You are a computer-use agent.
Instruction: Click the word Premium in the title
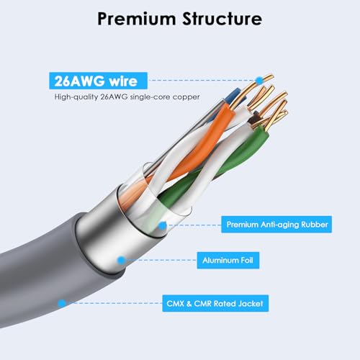point(137,19)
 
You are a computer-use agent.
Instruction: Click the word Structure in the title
point(222,18)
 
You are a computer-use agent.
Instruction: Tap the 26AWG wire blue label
point(98,81)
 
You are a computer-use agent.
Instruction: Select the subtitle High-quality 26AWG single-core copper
point(127,97)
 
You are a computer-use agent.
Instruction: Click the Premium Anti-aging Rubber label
point(276,225)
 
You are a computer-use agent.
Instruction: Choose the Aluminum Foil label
point(228,260)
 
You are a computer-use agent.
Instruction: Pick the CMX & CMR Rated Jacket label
point(215,303)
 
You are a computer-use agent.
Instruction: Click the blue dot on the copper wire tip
point(259,81)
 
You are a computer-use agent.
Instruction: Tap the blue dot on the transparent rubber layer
point(163,225)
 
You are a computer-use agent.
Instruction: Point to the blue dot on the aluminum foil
point(122,260)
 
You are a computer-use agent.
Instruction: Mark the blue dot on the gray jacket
point(62,303)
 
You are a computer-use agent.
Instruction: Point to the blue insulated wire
point(236,96)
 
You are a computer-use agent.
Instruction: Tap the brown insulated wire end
point(254,117)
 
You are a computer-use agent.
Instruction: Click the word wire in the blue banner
point(123,81)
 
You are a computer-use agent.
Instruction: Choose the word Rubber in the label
point(315,225)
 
